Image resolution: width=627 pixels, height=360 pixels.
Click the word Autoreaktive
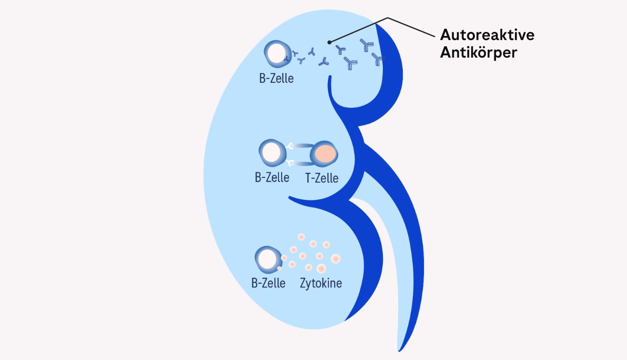pyautogui.click(x=487, y=35)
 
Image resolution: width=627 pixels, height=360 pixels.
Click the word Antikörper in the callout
pyautogui.click(x=478, y=52)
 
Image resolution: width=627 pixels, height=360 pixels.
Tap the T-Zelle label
pyautogui.click(x=322, y=178)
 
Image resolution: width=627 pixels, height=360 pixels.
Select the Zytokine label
pyautogui.click(x=321, y=283)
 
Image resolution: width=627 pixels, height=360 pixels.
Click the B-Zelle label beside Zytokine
pyautogui.click(x=268, y=283)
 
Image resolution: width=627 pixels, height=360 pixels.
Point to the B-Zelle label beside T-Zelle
pyautogui.click(x=272, y=178)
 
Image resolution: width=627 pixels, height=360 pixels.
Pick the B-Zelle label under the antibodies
pyautogui.click(x=276, y=80)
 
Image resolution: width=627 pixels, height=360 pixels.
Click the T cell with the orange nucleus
pyautogui.click(x=325, y=154)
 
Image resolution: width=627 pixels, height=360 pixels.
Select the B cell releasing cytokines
pyautogui.click(x=268, y=260)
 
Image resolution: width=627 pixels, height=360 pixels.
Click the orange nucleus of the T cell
pyautogui.click(x=326, y=153)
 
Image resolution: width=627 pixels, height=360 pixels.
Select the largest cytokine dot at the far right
pyautogui.click(x=336, y=258)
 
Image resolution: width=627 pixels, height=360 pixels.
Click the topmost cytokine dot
pyautogui.click(x=301, y=237)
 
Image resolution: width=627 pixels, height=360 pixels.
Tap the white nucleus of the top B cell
pyautogui.click(x=276, y=53)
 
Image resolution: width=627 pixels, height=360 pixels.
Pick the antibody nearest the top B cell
pyautogui.click(x=296, y=53)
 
